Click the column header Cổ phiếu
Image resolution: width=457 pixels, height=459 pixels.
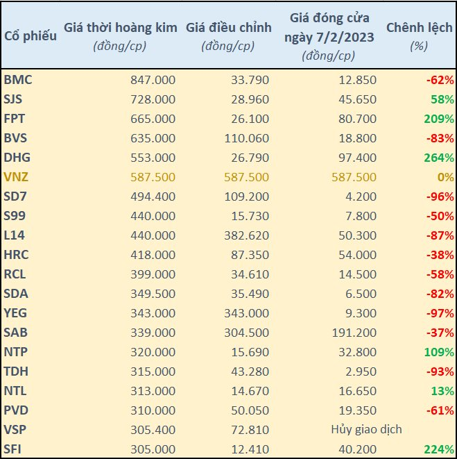31,36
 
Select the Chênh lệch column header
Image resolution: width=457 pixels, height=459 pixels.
420,28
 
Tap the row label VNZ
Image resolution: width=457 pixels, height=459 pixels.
16,177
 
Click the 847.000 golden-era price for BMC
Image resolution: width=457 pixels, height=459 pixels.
153,80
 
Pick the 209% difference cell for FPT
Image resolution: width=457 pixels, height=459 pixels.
439,119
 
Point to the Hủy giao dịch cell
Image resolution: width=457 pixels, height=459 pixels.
366,429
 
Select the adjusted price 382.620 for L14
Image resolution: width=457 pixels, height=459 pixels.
246,235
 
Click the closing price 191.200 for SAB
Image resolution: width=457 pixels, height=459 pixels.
354,333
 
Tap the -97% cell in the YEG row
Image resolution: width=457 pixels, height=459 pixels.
440,313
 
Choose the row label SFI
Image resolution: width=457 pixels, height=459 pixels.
12,449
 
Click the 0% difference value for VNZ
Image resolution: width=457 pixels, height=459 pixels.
446,177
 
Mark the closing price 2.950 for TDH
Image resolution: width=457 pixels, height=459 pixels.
361,372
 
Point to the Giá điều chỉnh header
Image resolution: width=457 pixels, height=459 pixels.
229,28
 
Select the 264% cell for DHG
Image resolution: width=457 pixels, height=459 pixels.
439,158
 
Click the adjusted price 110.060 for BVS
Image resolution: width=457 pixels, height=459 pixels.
246,138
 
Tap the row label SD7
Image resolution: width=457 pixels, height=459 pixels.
15,197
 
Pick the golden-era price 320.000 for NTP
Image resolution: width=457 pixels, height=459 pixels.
153,352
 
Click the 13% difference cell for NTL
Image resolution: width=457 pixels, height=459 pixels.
442,391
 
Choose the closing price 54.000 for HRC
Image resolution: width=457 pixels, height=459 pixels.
358,255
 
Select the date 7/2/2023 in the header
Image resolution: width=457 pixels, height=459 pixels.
345,37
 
